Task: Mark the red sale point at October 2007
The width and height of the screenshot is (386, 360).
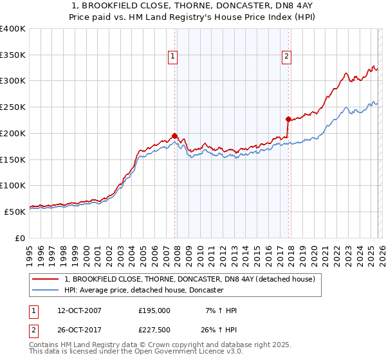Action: tap(174, 136)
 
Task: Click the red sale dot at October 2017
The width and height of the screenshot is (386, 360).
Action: tap(288, 119)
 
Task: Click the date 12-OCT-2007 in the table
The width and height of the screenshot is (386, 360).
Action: tap(79, 310)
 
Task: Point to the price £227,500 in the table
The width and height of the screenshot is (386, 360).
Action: tap(154, 331)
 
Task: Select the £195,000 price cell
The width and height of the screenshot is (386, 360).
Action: tap(154, 310)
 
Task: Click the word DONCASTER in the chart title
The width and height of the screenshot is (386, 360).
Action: tap(226, 6)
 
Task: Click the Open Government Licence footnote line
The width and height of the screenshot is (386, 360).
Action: tap(136, 352)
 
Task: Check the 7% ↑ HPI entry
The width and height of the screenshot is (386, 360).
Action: tap(220, 310)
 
